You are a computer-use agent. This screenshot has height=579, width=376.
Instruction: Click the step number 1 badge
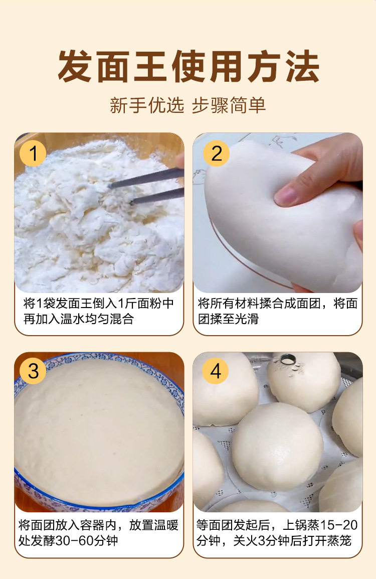coord(33,153)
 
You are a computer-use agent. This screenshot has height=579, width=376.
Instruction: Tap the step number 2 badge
coord(217,153)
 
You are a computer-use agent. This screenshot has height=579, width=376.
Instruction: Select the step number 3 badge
coord(33,371)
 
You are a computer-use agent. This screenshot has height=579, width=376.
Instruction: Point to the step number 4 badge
coord(216,371)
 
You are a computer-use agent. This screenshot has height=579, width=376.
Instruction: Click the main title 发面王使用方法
coord(188,66)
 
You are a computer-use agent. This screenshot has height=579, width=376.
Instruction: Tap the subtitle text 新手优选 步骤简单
coord(188,105)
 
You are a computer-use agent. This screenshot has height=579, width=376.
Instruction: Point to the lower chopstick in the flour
coord(157,195)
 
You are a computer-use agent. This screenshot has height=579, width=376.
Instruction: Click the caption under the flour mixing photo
coord(98,311)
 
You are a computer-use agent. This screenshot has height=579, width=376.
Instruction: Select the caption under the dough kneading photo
coord(277,311)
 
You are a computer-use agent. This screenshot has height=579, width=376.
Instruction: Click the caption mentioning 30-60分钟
coord(98,532)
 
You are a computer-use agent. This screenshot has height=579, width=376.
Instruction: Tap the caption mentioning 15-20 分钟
coord(277,532)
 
